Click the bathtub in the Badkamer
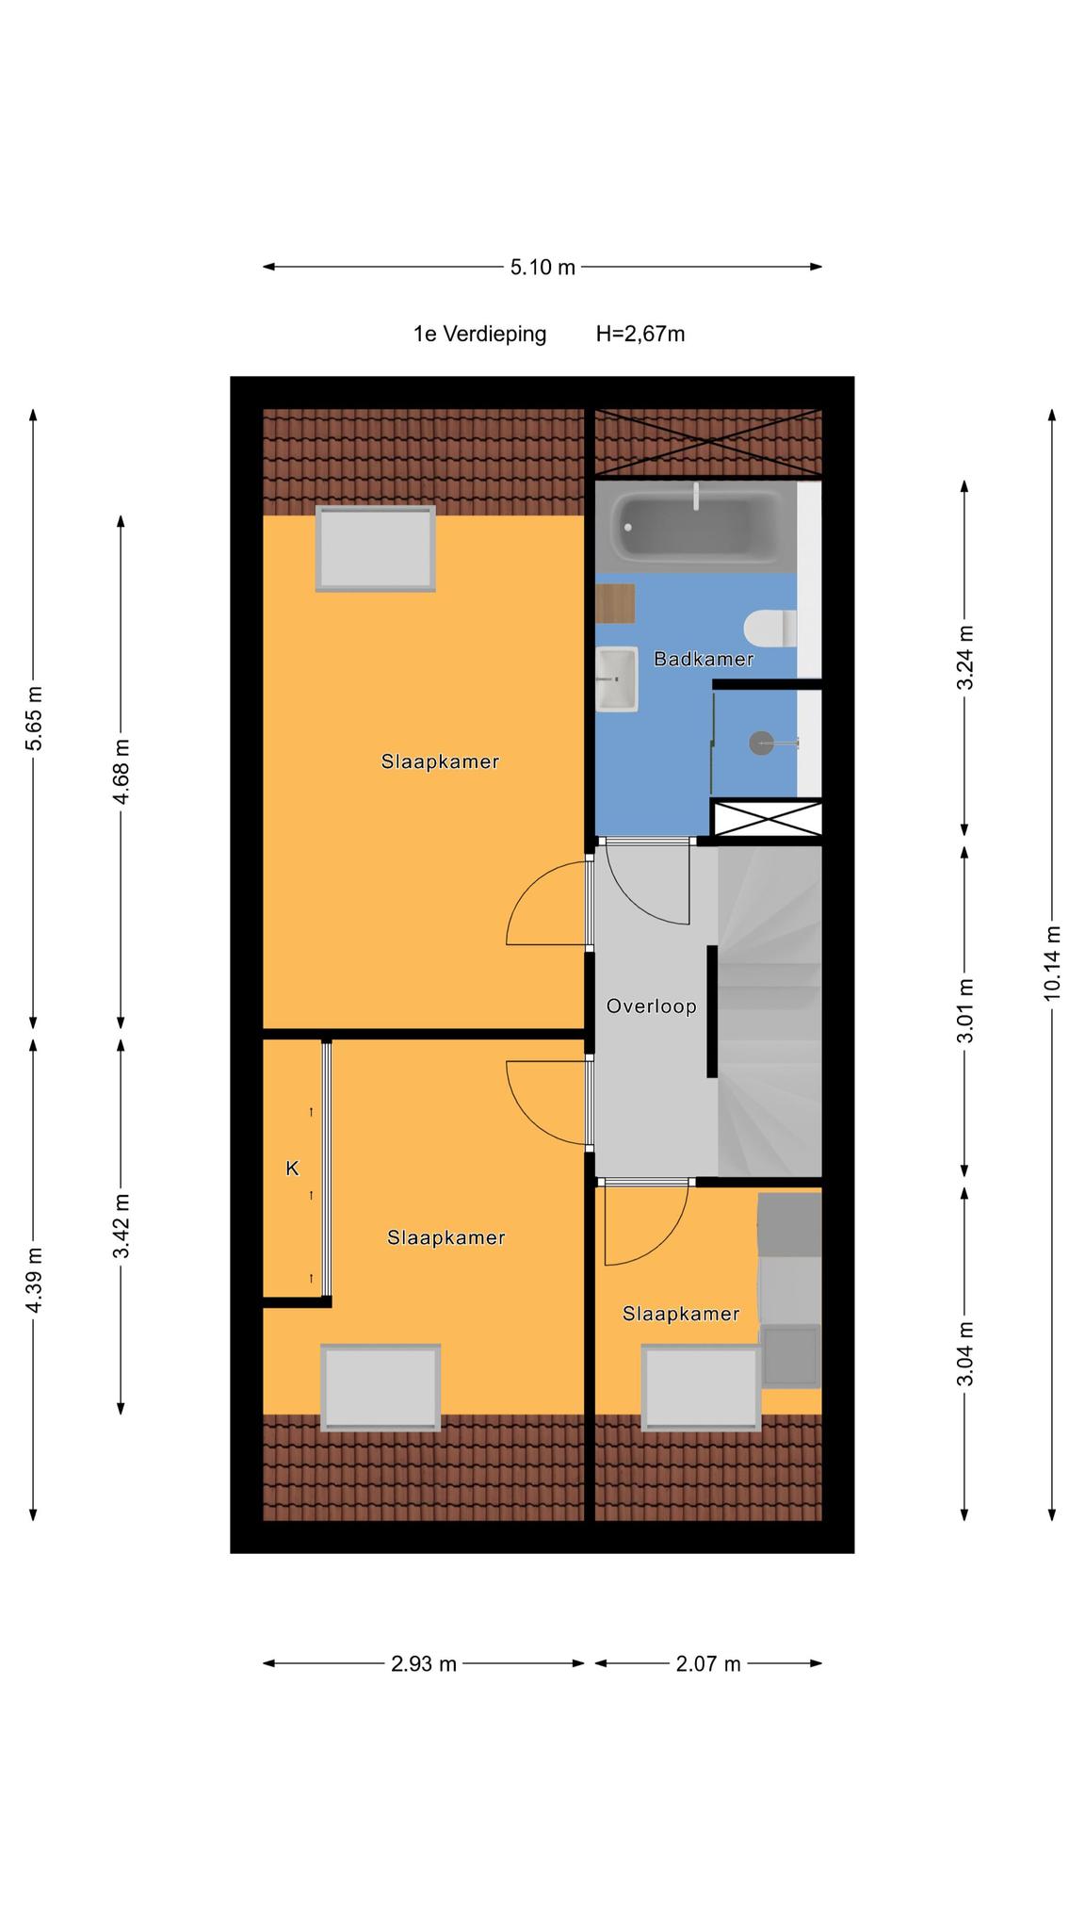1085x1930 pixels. [695, 526]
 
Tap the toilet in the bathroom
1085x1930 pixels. [769, 629]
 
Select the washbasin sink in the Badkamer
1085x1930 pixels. [617, 679]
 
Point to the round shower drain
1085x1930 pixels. [761, 744]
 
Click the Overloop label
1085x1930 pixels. [652, 1006]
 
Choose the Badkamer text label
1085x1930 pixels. [704, 659]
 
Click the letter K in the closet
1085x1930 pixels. [292, 1169]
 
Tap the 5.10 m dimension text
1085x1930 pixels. [542, 267]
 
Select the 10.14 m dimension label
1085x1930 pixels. [1052, 963]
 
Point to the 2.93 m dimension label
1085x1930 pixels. [424, 1664]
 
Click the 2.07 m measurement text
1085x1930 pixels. [708, 1664]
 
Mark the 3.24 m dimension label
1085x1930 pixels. [965, 657]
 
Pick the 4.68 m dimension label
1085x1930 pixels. [121, 772]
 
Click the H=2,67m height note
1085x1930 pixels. [640, 334]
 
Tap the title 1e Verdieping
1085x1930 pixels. [479, 334]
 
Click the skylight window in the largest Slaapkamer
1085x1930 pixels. [376, 548]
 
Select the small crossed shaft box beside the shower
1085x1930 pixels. [767, 817]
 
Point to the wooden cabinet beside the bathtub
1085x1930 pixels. [615, 603]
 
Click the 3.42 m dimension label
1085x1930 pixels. [121, 1226]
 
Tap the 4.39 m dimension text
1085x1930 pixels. [34, 1280]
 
